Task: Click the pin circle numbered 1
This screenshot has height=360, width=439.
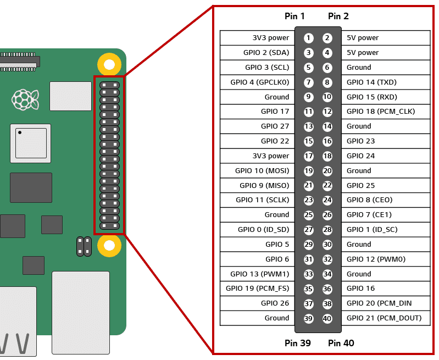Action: (x=309, y=38)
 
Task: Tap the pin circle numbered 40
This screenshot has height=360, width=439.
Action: (x=327, y=318)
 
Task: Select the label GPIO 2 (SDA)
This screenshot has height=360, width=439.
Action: (x=266, y=53)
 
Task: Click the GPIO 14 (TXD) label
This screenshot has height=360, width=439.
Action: (x=371, y=82)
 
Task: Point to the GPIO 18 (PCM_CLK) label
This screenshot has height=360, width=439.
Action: (x=381, y=112)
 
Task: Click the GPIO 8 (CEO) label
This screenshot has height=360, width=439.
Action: (x=369, y=200)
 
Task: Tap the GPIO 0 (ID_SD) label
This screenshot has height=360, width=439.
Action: (x=263, y=230)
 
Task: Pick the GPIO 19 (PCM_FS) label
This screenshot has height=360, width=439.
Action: (x=257, y=289)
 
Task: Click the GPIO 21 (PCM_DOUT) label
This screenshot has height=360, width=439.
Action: (x=384, y=318)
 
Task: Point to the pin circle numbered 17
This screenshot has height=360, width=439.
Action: (x=309, y=156)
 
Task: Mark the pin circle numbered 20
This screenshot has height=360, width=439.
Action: (x=327, y=171)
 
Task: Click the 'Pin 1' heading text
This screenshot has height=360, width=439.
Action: (x=294, y=16)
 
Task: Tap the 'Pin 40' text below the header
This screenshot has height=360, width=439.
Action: (x=341, y=344)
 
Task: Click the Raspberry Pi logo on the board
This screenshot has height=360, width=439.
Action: (x=25, y=99)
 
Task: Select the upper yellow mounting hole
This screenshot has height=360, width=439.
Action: (x=109, y=64)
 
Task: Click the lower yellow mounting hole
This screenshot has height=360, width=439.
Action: (x=109, y=245)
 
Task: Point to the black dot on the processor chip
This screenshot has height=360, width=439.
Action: (x=19, y=132)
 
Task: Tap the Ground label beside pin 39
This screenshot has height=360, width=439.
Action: (x=276, y=318)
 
